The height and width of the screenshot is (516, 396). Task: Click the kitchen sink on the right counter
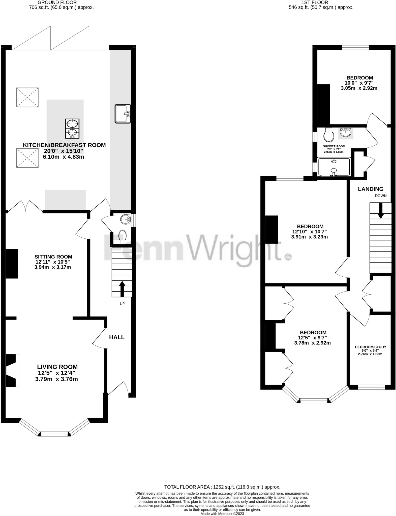pos(123,114)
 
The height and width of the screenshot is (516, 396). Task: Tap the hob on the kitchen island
pos(72,128)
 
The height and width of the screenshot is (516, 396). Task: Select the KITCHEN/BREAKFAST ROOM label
pos(64,145)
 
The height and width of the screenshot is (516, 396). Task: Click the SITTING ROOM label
pos(53,257)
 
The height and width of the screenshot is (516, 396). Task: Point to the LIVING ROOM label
pos(57,367)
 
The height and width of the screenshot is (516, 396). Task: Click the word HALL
pos(117,337)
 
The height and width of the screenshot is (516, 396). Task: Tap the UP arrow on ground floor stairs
pos(122,289)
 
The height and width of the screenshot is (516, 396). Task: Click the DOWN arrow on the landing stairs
pos(381,210)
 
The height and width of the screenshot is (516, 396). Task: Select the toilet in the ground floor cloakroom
pos(123,237)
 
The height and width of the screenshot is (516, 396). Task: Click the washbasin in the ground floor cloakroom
pos(125,219)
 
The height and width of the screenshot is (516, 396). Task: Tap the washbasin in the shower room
pos(346,132)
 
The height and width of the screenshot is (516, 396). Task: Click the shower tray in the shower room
pos(334,167)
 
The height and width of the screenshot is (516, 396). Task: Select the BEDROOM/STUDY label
pos(370,347)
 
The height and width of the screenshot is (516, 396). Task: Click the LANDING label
pos(371,189)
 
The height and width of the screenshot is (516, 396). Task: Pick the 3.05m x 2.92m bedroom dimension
pos(359,88)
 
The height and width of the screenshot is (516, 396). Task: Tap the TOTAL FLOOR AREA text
pos(222,487)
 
